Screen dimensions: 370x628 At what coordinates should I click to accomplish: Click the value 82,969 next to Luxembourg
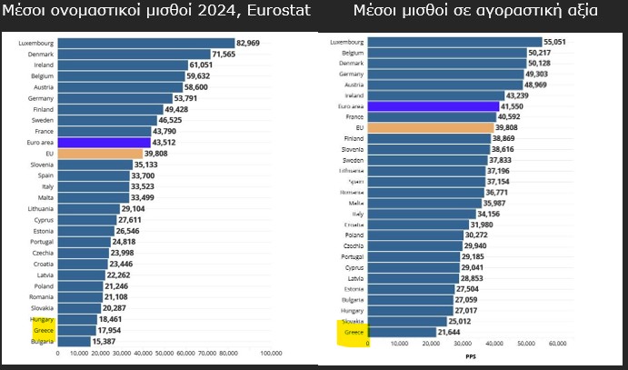tap(247, 43)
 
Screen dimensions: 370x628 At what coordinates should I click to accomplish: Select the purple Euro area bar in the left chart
tap(105, 142)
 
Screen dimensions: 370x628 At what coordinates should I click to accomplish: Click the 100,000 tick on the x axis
tap(270, 353)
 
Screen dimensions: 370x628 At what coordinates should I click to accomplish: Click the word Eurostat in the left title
tap(277, 12)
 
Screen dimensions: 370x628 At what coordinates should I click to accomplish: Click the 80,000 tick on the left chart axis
tap(229, 353)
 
